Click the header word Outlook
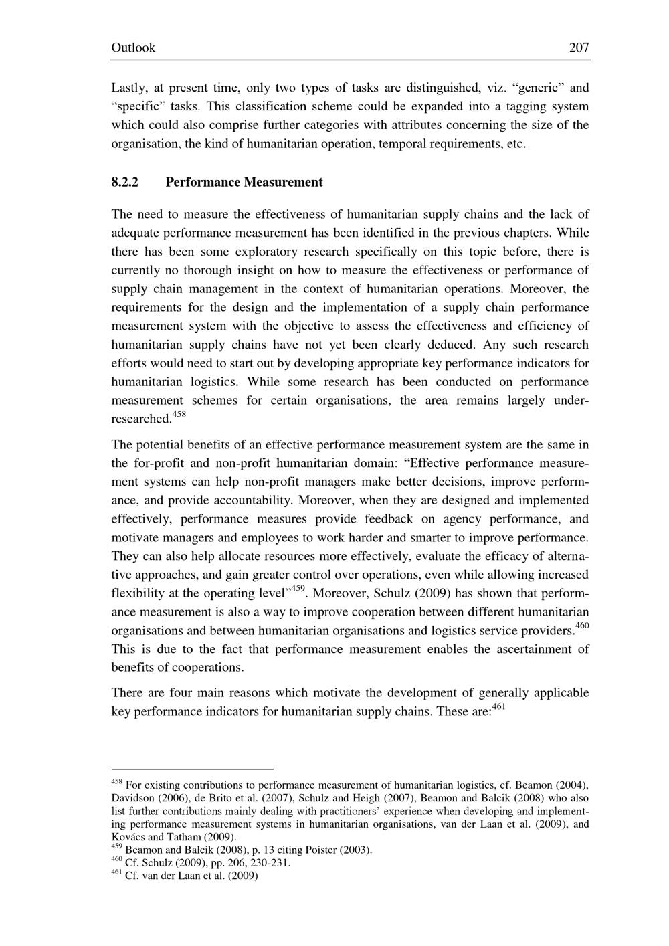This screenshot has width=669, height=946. pos(132,48)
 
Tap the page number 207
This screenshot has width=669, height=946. pos(579,48)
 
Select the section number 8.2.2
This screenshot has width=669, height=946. pos(124,182)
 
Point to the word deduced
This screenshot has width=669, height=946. pos(450,345)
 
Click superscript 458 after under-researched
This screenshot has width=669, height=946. pos(179,415)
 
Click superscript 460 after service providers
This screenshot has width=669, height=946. pos(582,626)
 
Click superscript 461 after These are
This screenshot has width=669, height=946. pos(499,706)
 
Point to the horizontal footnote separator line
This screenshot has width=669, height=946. pos(192,769)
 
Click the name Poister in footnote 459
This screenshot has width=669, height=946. pos(321,850)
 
